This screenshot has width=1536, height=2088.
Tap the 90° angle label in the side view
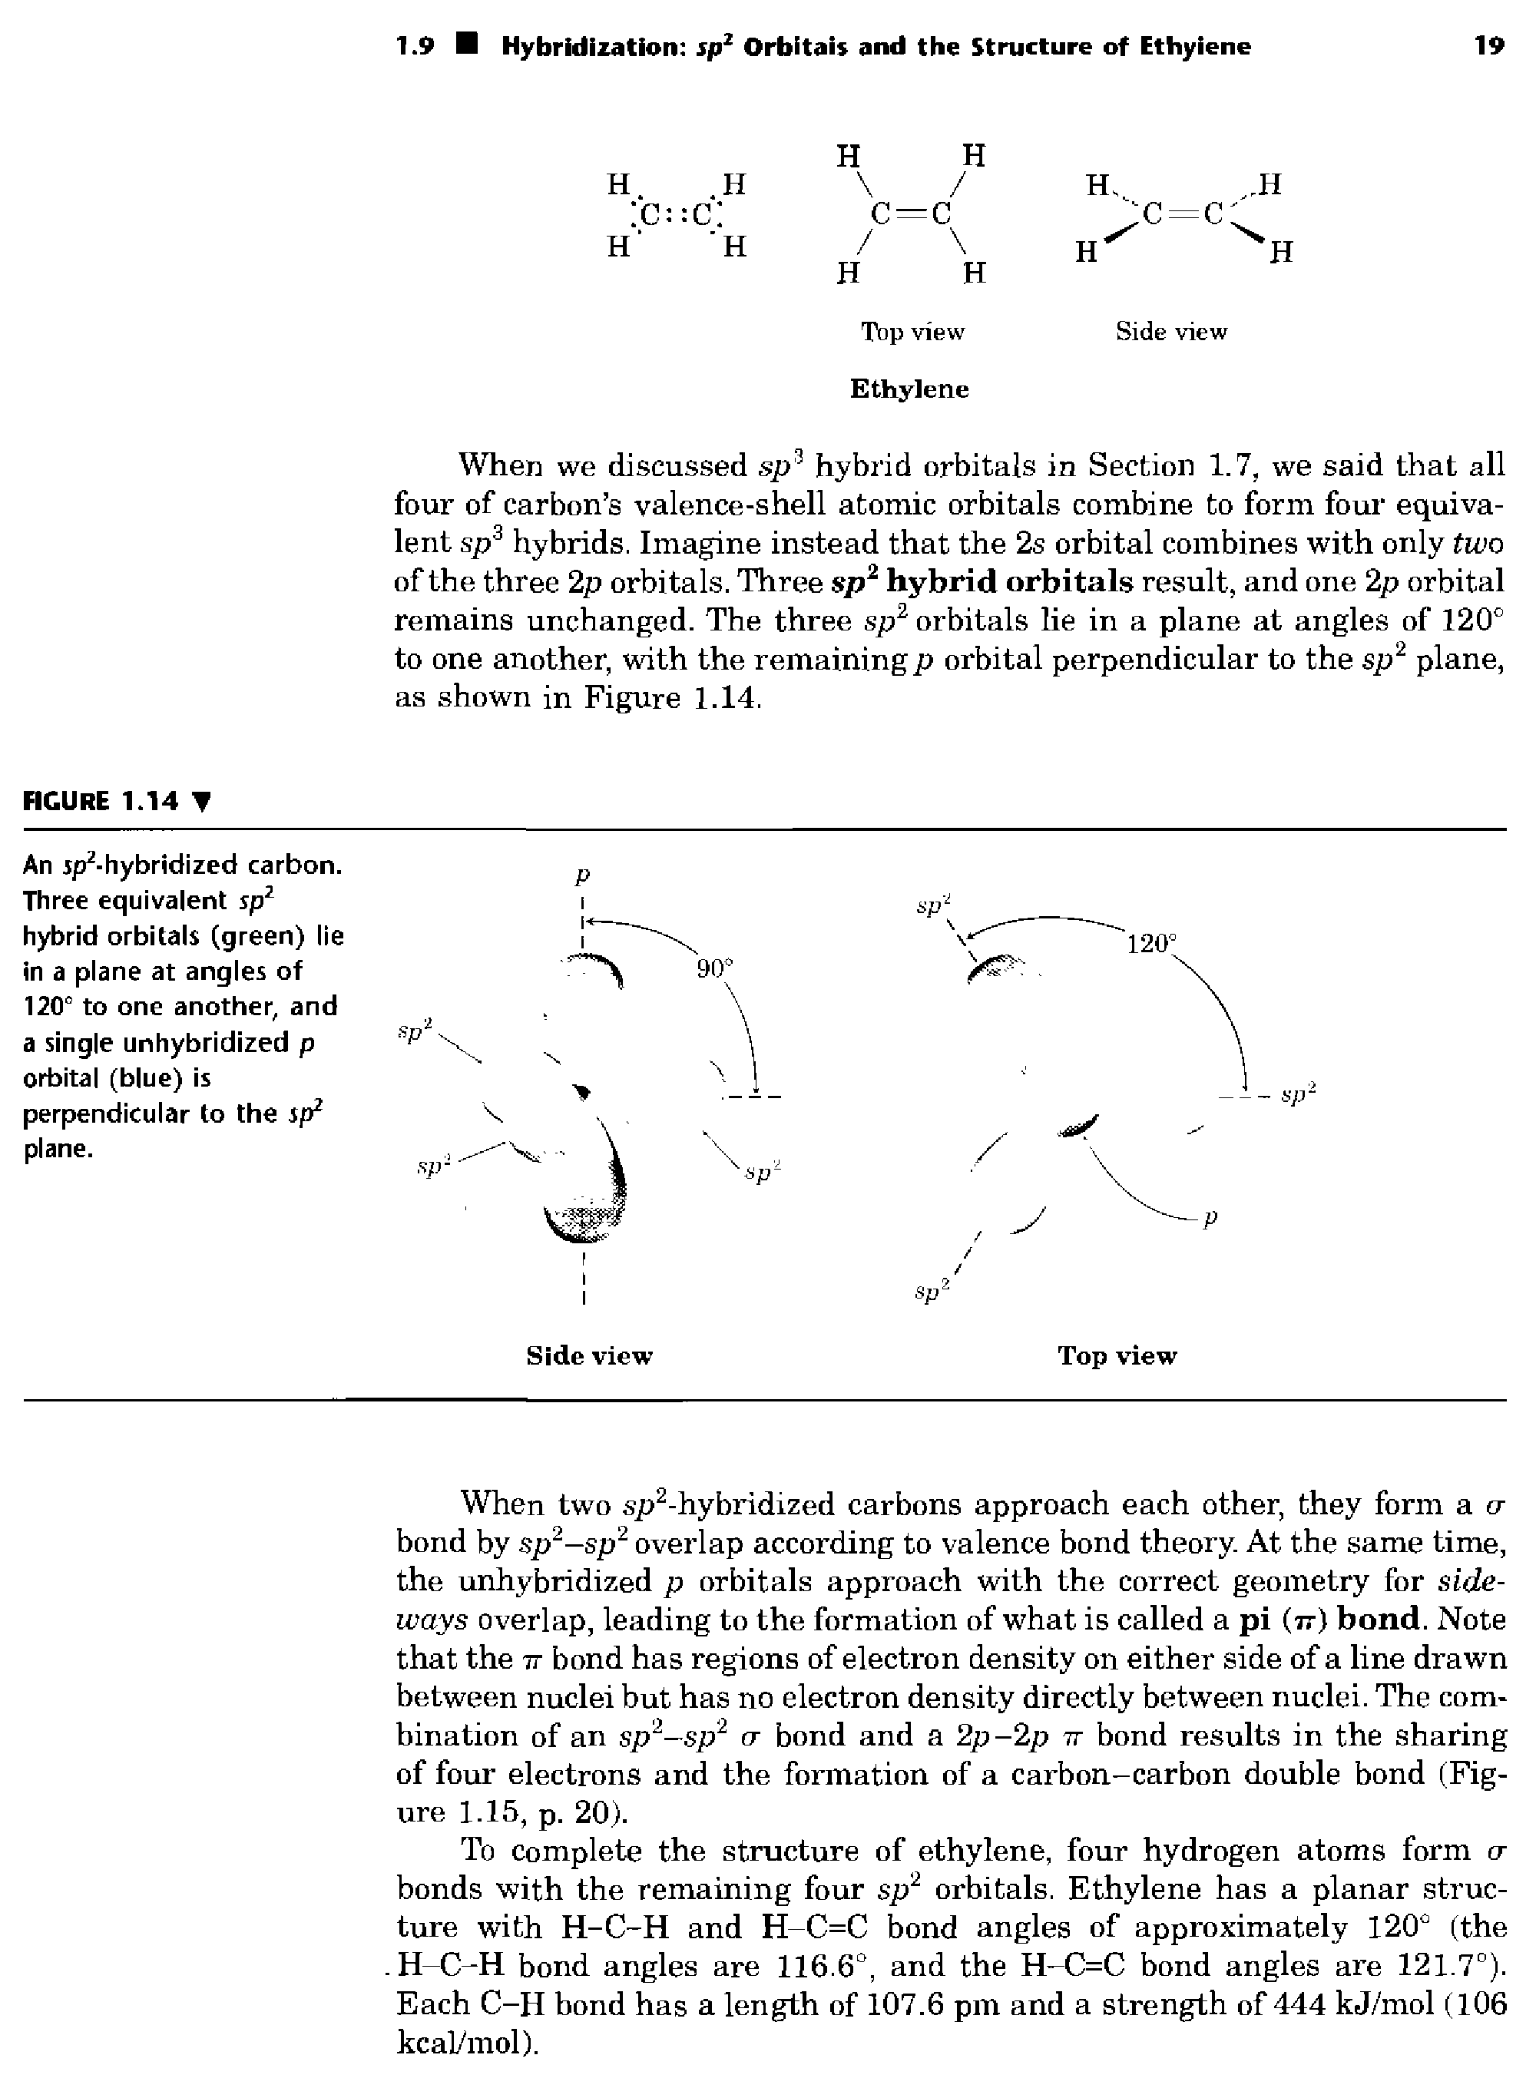click(x=715, y=968)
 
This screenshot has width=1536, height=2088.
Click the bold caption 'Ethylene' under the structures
click(x=909, y=389)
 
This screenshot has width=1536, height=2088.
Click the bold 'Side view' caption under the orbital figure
click(x=590, y=1355)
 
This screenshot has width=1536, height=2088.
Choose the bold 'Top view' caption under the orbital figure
click(x=1117, y=1355)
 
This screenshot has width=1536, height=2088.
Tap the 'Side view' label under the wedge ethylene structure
click(x=1170, y=332)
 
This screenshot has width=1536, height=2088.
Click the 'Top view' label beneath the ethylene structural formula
click(x=912, y=332)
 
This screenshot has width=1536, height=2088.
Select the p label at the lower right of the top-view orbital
click(x=1210, y=1217)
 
